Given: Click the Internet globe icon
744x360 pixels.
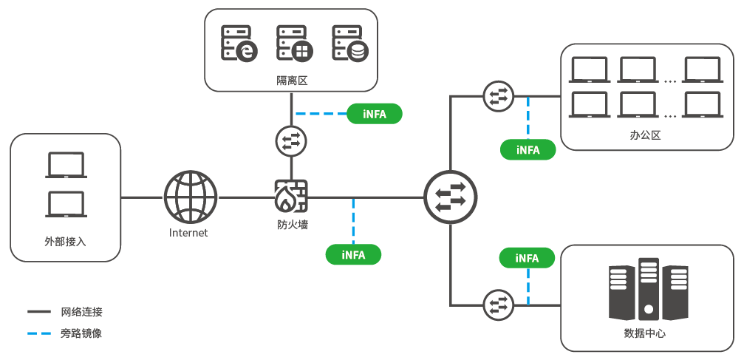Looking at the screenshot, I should point(191,197).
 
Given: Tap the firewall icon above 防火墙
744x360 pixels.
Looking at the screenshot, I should point(291,196).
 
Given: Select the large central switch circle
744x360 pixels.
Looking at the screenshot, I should point(451,197).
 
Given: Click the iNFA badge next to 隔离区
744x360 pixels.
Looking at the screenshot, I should point(375,114).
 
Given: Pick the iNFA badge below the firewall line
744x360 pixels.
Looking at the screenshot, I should point(354,254).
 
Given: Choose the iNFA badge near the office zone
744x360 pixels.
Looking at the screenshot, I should point(528,149).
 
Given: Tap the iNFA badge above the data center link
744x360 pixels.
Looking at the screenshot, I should point(528,258).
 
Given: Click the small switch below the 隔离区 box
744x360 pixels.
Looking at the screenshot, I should point(290,140).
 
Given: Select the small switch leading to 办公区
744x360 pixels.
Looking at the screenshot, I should point(496,96).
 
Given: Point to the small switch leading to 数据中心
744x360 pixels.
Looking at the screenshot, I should point(496,304).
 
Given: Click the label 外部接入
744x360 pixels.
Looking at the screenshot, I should point(65,242).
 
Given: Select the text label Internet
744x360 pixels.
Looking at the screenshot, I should point(188,233).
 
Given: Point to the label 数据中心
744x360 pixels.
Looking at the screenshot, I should point(645,333).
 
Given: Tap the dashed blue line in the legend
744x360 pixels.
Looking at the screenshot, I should point(38,333).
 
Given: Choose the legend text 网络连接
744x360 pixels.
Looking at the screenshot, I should point(81,312).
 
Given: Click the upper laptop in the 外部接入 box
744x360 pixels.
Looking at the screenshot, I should point(66,165).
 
